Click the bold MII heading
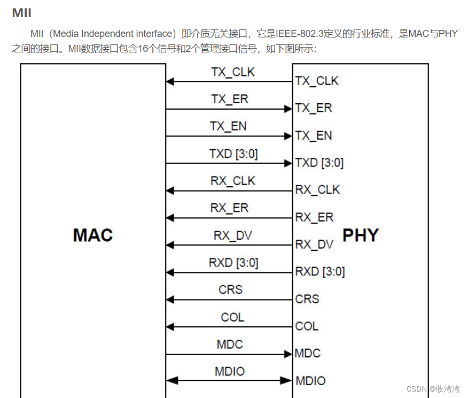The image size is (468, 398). [x=21, y=13]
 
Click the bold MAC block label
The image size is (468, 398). [x=93, y=235]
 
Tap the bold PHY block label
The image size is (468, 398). [x=361, y=235]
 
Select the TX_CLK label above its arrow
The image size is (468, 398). [x=233, y=72]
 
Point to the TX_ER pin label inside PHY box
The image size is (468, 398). [x=314, y=108]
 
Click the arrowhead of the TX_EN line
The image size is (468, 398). [x=288, y=136]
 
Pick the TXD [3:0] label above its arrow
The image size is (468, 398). [x=233, y=154]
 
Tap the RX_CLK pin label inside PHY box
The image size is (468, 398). [x=317, y=190]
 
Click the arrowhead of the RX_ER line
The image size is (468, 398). [x=170, y=218]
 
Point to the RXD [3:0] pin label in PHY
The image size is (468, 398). [x=320, y=272]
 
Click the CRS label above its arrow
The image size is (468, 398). [x=231, y=290]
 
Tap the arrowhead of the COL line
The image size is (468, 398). [x=170, y=327]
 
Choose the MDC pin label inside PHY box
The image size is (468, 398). [x=308, y=354]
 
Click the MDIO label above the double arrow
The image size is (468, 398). [x=230, y=371]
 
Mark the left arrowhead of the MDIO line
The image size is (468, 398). [x=170, y=381]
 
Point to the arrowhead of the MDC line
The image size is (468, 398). [x=288, y=354]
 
